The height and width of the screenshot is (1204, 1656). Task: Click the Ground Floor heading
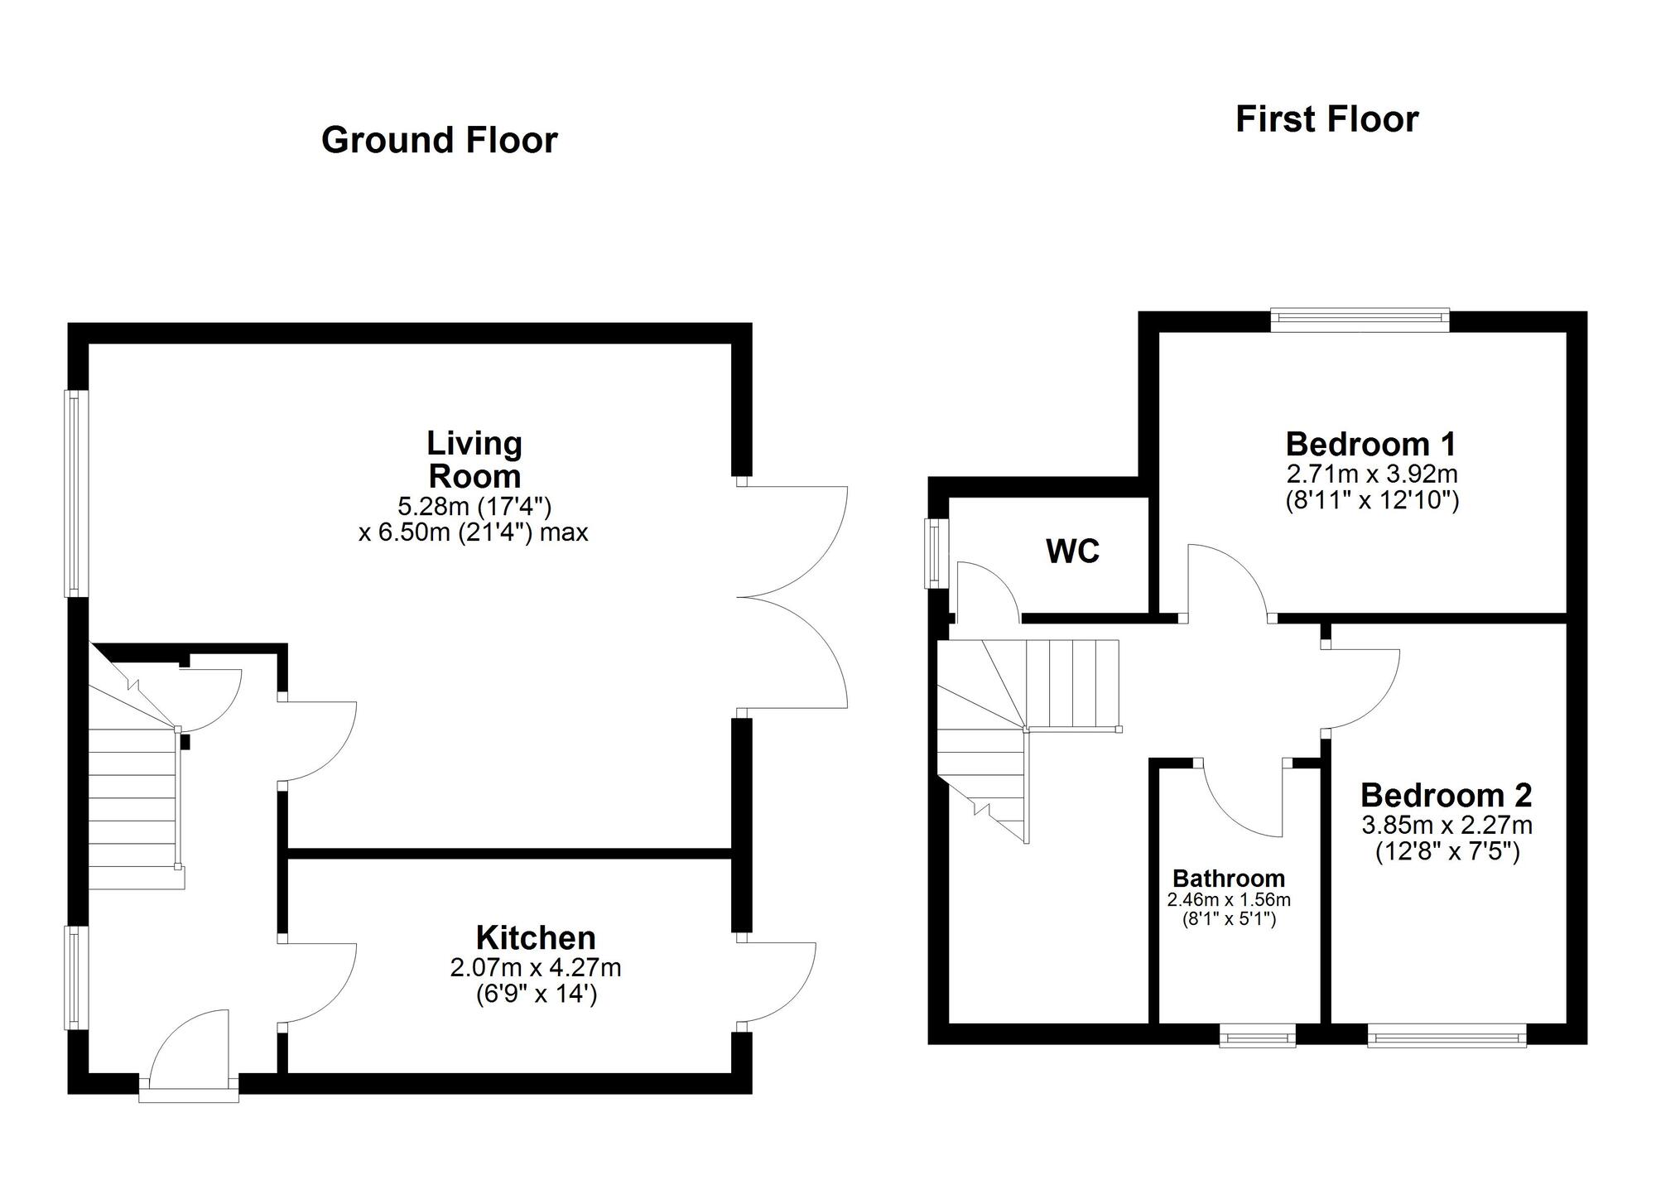(x=439, y=140)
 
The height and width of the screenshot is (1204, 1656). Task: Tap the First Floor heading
(x=1326, y=119)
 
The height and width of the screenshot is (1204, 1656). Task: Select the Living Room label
(x=474, y=460)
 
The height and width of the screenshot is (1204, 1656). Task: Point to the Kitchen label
(x=536, y=937)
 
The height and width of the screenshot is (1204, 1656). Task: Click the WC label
(x=1073, y=551)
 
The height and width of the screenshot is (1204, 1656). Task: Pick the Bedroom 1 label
(x=1370, y=444)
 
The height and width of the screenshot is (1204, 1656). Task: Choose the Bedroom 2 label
(x=1447, y=795)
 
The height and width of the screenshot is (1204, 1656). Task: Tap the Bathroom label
(x=1229, y=878)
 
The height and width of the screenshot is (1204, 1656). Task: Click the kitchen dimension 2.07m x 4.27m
(x=536, y=966)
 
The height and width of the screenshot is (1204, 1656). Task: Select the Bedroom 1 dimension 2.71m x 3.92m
(x=1371, y=474)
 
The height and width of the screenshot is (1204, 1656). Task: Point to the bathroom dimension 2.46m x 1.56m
(x=1229, y=899)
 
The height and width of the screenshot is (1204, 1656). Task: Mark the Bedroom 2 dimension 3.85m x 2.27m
(x=1447, y=825)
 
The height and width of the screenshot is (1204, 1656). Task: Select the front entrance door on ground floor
(x=189, y=1054)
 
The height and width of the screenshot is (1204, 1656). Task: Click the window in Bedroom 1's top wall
(x=1360, y=320)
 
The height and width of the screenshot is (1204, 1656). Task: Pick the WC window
(x=936, y=553)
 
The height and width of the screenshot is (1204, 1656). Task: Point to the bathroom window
(x=1258, y=1035)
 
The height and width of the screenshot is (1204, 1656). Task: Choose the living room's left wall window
(x=77, y=494)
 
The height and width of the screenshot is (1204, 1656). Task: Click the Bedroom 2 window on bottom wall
(x=1447, y=1035)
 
